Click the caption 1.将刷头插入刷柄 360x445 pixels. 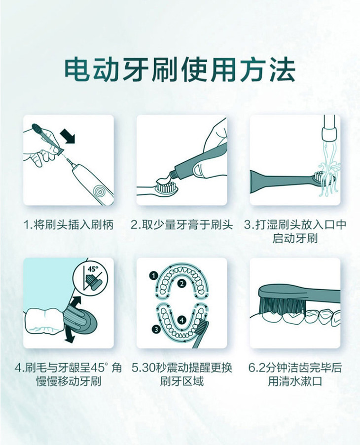tap(68, 225)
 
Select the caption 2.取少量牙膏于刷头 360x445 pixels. tap(181, 225)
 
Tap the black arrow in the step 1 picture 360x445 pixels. tap(68, 136)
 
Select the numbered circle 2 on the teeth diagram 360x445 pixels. tap(182, 283)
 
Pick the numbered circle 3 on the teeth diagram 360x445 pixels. tap(156, 329)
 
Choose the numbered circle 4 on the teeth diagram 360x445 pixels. tap(182, 320)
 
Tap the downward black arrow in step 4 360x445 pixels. tap(69, 335)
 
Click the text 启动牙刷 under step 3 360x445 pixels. tap(295, 238)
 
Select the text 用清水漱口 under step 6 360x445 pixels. tap(295, 381)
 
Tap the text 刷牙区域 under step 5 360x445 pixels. tap(181, 381)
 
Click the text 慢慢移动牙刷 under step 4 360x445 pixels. tap(69, 381)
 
